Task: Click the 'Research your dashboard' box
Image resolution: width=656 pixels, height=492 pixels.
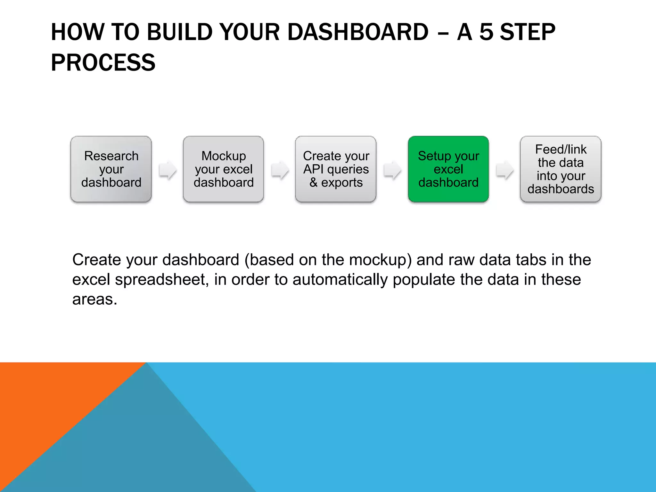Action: pyautogui.click(x=111, y=169)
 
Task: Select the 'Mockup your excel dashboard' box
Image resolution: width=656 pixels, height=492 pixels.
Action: pyautogui.click(x=223, y=169)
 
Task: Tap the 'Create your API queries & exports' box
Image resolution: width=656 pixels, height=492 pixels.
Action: pyautogui.click(x=336, y=169)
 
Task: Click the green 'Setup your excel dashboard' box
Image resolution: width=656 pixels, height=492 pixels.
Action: pyautogui.click(x=448, y=169)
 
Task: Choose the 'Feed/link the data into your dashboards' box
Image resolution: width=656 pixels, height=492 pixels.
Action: pyautogui.click(x=561, y=169)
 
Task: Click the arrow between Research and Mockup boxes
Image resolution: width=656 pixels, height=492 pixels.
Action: pyautogui.click(x=168, y=170)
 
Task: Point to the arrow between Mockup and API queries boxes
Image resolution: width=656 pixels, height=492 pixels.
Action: pyautogui.click(x=280, y=170)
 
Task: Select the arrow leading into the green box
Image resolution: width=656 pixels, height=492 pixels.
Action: pyautogui.click(x=392, y=170)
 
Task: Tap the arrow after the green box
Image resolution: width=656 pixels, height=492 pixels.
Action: pyautogui.click(x=504, y=170)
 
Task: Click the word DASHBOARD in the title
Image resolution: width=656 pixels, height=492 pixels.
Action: pyautogui.click(x=358, y=32)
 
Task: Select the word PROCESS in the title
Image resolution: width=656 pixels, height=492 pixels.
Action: pyautogui.click(x=103, y=63)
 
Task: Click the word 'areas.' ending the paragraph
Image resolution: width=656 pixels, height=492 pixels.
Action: pyautogui.click(x=94, y=299)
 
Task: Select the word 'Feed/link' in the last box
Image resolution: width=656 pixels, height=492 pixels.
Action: pyautogui.click(x=561, y=150)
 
